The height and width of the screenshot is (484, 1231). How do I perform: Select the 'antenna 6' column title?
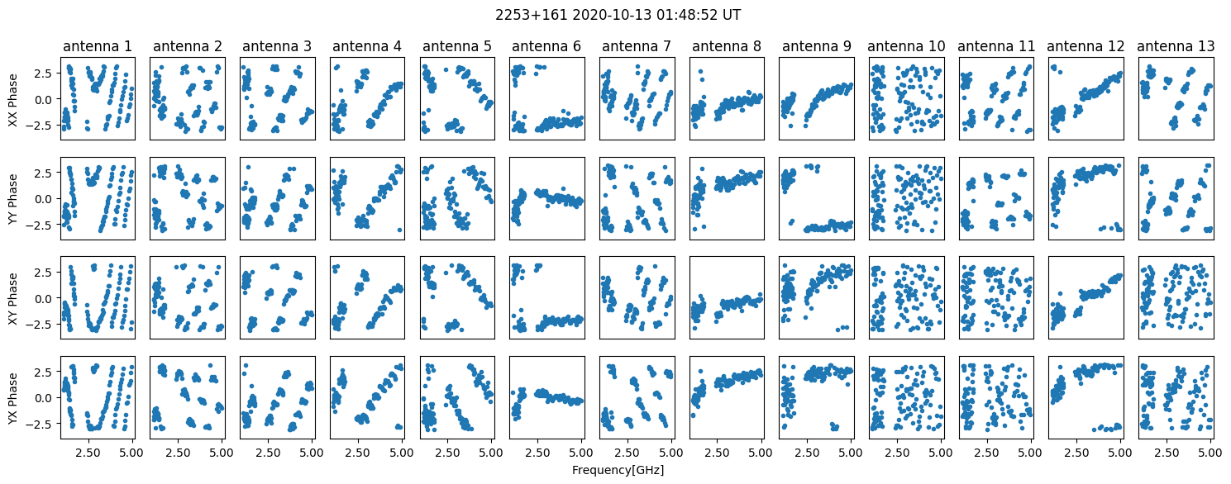click(547, 46)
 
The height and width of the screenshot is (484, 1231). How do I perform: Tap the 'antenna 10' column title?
click(906, 46)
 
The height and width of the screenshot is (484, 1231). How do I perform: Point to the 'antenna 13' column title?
click(1176, 46)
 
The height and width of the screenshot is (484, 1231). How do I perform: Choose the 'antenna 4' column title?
click(367, 46)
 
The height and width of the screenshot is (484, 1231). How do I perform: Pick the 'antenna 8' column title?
click(727, 46)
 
